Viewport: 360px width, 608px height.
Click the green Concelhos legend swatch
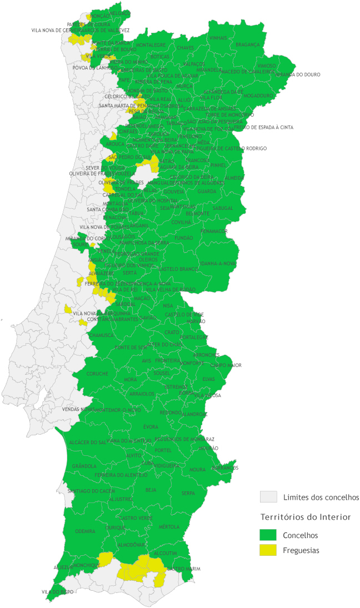(268, 535)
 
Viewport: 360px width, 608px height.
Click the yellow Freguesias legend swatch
(268, 550)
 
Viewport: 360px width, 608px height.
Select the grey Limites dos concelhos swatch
(268, 496)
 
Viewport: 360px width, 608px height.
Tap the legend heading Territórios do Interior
(306, 517)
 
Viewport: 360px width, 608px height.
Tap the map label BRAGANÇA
(247, 44)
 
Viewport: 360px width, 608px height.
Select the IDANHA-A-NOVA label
(218, 263)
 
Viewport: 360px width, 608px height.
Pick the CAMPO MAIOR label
(226, 365)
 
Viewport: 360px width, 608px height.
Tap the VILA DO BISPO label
(57, 592)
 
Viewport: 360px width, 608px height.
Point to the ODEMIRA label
(85, 531)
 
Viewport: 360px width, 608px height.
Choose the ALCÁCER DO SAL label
(86, 442)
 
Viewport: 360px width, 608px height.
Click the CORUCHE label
(97, 374)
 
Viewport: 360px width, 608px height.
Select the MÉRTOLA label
(169, 526)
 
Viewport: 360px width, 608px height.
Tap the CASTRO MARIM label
(183, 569)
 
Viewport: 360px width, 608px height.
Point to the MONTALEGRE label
(151, 44)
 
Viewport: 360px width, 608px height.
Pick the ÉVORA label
(151, 426)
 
